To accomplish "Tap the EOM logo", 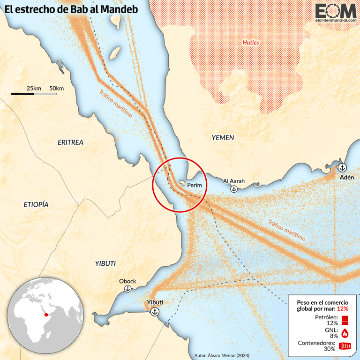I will point(335,13).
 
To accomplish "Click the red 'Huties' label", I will point(250,43).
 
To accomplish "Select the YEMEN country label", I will point(223,137).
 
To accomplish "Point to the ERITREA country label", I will point(70,142).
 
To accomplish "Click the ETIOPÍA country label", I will point(36,205).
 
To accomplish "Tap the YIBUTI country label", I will point(105,263).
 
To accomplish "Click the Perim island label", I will point(194,185).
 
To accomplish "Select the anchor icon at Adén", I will point(342,167).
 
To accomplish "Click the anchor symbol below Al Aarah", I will point(233,189).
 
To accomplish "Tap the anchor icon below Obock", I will point(127,290).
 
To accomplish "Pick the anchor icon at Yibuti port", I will point(155,312).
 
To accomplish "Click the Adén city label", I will point(347,178).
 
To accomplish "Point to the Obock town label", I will point(127,281).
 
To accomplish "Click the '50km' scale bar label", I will point(56,89).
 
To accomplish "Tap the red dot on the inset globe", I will point(46,315).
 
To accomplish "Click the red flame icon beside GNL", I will point(345,333).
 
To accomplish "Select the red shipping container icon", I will point(345,346).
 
